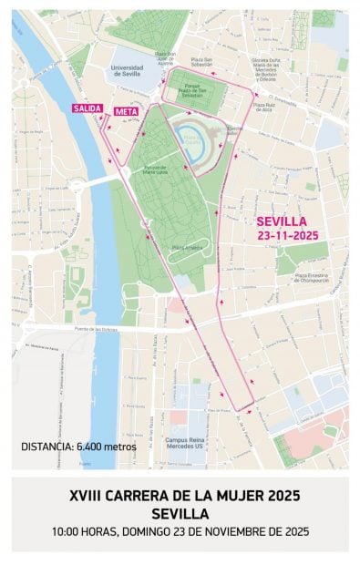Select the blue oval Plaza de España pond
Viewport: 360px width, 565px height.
[x=192, y=139]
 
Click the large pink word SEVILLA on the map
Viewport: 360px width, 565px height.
[x=281, y=221]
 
